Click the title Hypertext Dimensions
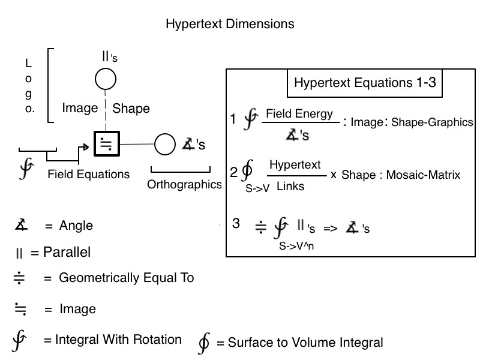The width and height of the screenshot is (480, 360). click(x=230, y=25)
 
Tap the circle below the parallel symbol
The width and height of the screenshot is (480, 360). click(x=106, y=79)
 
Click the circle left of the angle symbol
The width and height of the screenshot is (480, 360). click(x=164, y=144)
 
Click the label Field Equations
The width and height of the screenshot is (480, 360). click(x=88, y=175)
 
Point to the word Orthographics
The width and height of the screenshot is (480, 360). click(x=184, y=185)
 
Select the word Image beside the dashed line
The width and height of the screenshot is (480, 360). click(x=80, y=109)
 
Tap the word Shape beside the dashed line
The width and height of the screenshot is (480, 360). click(x=131, y=109)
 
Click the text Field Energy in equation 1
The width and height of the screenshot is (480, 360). click(x=299, y=113)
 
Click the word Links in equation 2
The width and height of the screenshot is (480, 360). click(x=290, y=187)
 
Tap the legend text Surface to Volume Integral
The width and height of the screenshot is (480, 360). click(x=299, y=343)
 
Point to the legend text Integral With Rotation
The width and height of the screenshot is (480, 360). click(x=119, y=340)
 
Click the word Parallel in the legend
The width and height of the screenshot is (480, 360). click(x=67, y=253)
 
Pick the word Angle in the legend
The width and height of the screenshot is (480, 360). click(x=76, y=226)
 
